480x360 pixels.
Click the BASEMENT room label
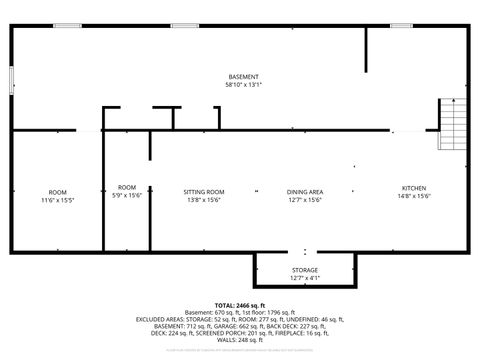pyautogui.click(x=243, y=77)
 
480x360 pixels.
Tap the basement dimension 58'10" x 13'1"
pyautogui.click(x=243, y=85)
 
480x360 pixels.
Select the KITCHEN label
pyautogui.click(x=414, y=188)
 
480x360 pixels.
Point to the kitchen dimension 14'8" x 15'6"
pyautogui.click(x=414, y=196)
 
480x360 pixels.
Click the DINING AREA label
pyautogui.click(x=305, y=192)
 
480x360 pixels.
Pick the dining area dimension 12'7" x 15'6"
pyautogui.click(x=305, y=200)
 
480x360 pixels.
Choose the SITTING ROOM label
pyautogui.click(x=203, y=192)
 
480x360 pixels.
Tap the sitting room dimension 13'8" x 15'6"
pyautogui.click(x=203, y=200)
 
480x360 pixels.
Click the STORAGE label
pyautogui.click(x=305, y=270)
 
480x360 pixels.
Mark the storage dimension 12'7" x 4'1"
pyautogui.click(x=305, y=278)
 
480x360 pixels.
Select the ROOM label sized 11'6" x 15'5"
pyautogui.click(x=58, y=192)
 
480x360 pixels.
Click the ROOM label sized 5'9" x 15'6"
pyautogui.click(x=127, y=187)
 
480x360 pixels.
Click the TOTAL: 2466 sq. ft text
pyautogui.click(x=240, y=305)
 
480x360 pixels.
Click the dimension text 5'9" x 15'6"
pyautogui.click(x=127, y=195)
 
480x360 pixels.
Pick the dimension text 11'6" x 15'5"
pyautogui.click(x=58, y=200)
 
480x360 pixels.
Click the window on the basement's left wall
pyautogui.click(x=12, y=79)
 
